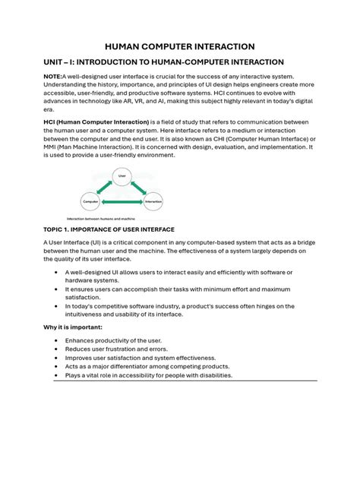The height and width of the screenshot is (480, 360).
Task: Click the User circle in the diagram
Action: (121, 176)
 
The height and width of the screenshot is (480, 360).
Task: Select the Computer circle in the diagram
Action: (91, 202)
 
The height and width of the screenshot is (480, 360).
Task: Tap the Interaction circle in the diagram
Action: (153, 202)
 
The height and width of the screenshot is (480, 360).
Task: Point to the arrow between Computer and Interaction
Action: (122, 203)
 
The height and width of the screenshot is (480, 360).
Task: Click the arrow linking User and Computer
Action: (105, 188)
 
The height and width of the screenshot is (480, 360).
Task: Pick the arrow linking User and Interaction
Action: (138, 188)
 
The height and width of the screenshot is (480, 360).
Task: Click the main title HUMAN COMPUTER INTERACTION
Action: (179, 46)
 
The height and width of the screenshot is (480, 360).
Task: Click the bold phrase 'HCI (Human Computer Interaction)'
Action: (93, 122)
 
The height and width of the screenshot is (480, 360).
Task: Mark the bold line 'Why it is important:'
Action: (73, 327)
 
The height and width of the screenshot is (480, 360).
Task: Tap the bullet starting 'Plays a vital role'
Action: (149, 375)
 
